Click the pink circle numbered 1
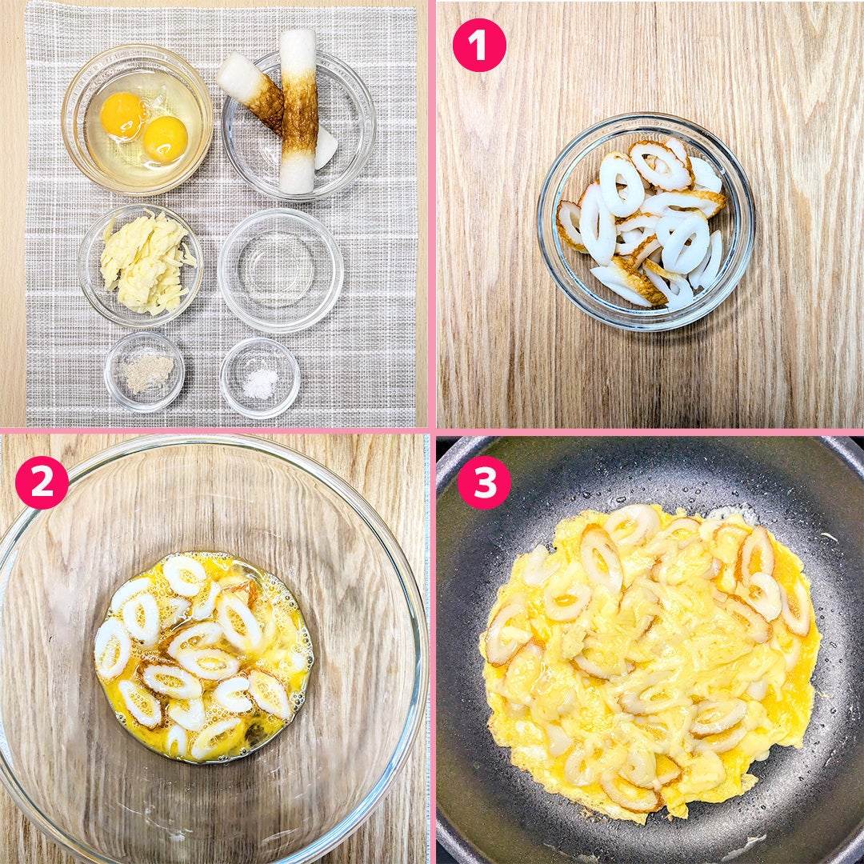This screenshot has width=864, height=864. pyautogui.click(x=479, y=45)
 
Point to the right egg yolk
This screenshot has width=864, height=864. pyautogui.click(x=166, y=139)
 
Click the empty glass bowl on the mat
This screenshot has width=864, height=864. pyautogui.click(x=280, y=270)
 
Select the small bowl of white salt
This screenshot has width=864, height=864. pyautogui.click(x=260, y=378)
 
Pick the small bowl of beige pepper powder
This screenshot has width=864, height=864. pyautogui.click(x=144, y=371)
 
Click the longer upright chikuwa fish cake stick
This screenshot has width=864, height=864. pyautogui.click(x=298, y=110)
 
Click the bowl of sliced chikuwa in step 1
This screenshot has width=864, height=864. pyautogui.click(x=646, y=222)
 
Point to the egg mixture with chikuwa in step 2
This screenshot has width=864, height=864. pyautogui.click(x=203, y=658)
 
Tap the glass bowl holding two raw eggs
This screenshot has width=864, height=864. pyautogui.click(x=138, y=119)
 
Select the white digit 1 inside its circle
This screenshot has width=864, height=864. pyautogui.click(x=478, y=45)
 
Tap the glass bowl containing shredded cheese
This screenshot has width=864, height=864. pyautogui.click(x=141, y=266)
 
